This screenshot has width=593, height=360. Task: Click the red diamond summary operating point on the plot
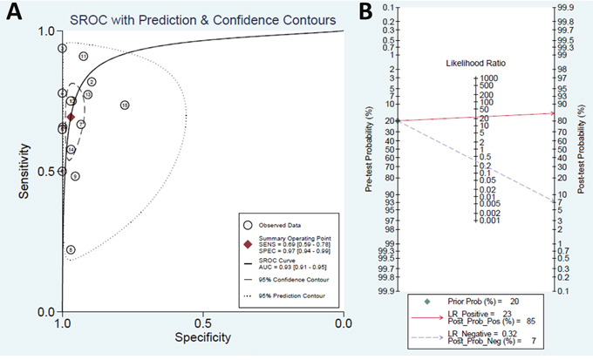[72, 117]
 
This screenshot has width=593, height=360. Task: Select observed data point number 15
[125, 105]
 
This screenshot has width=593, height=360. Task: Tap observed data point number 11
[84, 57]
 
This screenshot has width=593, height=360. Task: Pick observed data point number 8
[71, 249]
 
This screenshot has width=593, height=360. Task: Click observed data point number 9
[76, 176]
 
